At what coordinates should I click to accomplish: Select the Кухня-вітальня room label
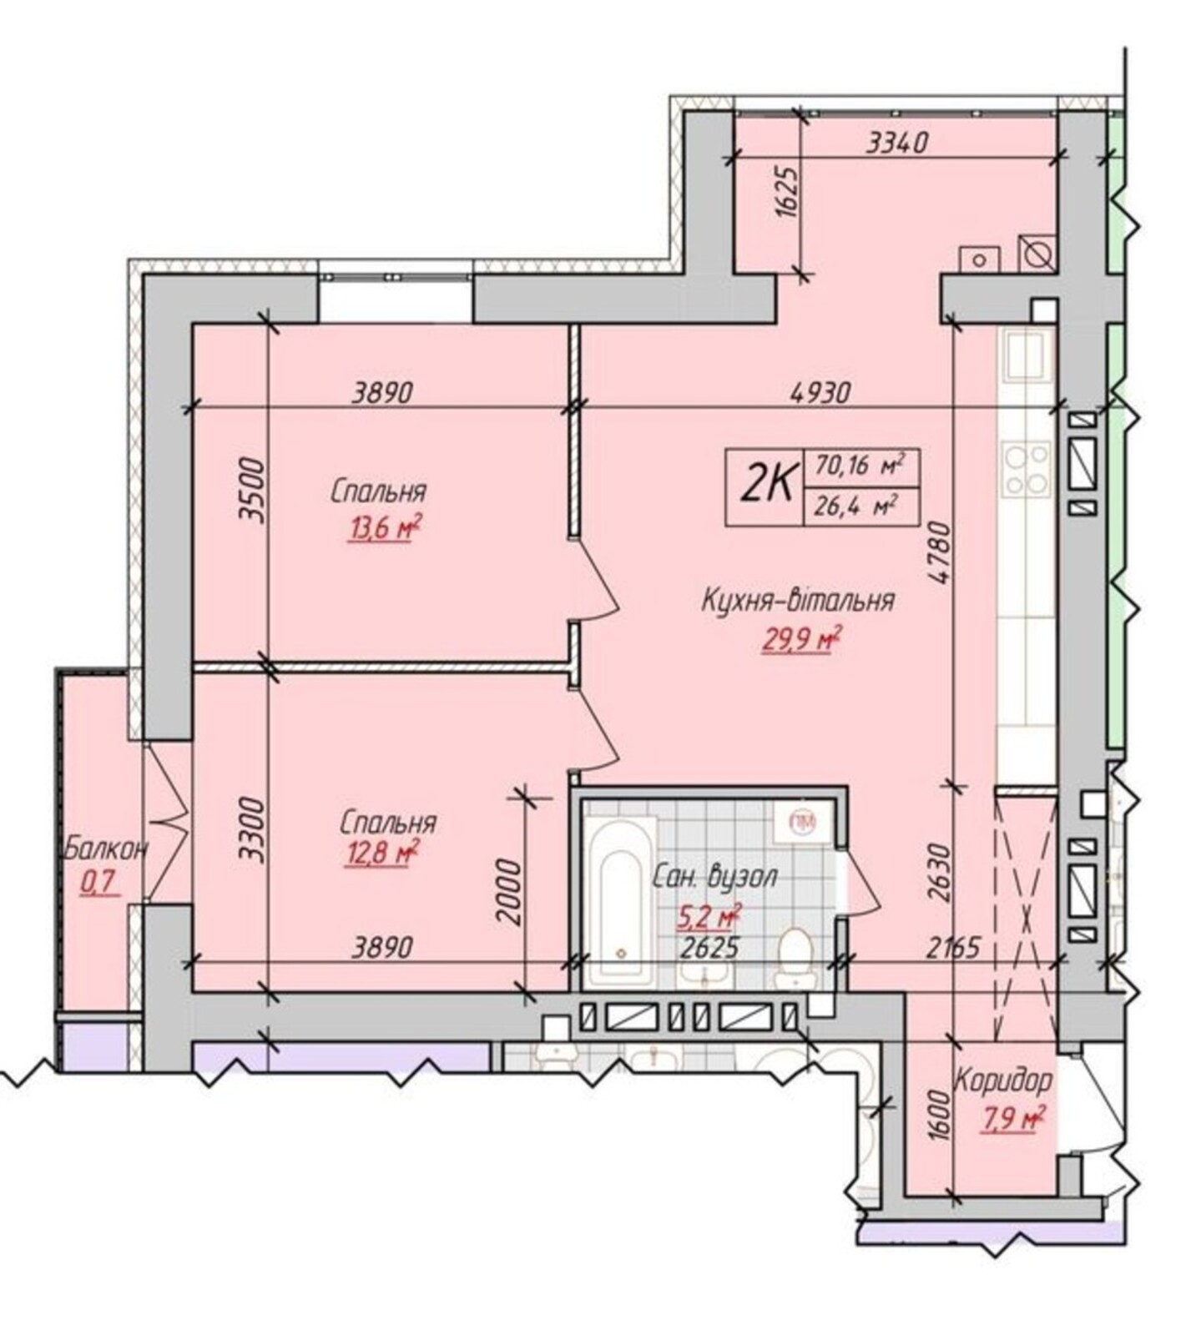pyautogui.click(x=799, y=600)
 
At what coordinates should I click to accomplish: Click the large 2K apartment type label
pyautogui.click(x=765, y=486)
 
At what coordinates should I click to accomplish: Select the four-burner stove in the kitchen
pyautogui.click(x=1027, y=471)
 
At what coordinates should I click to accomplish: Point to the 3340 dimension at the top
pyautogui.click(x=897, y=144)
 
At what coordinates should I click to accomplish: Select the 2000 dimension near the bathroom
pyautogui.click(x=508, y=893)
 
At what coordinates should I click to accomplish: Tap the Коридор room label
pyautogui.click(x=1003, y=1082)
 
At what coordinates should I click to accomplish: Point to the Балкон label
pyautogui.click(x=107, y=849)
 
